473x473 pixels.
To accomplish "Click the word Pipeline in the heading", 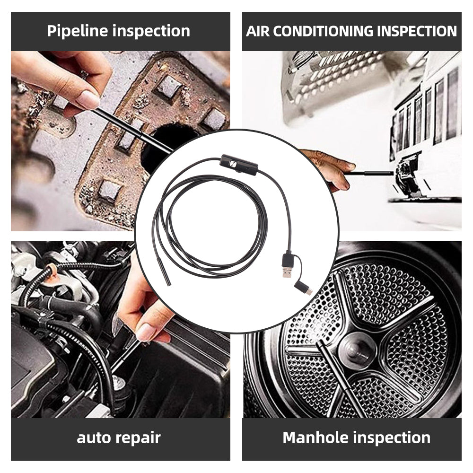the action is tap(78, 31).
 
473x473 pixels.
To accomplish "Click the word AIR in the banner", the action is tap(258, 31).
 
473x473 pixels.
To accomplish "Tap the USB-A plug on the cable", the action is tap(289, 267).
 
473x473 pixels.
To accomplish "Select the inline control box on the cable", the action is tap(239, 164).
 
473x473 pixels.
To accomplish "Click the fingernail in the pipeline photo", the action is tap(89, 99).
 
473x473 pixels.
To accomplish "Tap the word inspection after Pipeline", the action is tap(151, 31).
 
